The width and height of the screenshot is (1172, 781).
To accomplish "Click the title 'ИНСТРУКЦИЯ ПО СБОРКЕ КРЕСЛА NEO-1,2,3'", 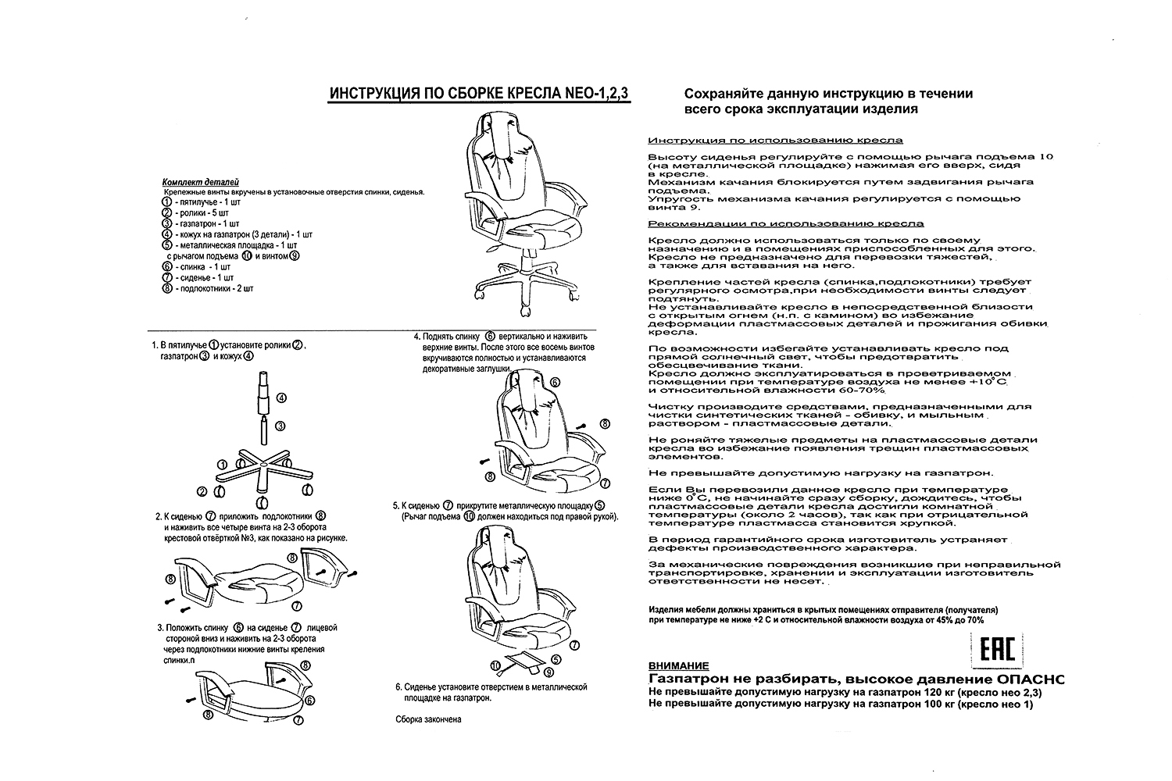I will point(479,95).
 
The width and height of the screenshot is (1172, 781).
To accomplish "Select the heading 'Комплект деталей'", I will point(200,181).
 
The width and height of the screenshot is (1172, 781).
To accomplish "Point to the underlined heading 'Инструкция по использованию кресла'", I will point(775,141).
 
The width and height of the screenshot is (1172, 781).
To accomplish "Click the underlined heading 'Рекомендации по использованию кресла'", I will point(786,223).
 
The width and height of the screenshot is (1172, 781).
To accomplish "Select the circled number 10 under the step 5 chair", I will point(495,664).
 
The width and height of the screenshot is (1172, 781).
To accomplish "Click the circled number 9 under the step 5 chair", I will point(548,671).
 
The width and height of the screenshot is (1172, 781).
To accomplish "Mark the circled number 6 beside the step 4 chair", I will point(556,383).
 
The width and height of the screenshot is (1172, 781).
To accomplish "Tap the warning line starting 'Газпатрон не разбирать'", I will point(856,679).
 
